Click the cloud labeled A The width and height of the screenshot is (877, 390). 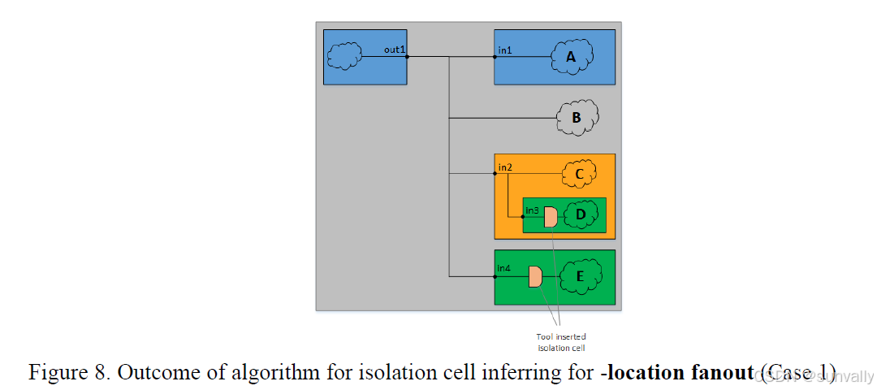(572, 57)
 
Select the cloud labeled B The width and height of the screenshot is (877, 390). (577, 118)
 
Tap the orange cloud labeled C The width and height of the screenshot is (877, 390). (579, 173)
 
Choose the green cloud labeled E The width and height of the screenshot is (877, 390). (579, 276)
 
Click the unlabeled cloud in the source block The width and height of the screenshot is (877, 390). (344, 56)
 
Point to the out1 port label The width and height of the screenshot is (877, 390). (395, 50)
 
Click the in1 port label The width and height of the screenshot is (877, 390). (505, 50)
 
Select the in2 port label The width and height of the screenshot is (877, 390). (505, 167)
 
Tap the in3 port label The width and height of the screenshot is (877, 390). (533, 210)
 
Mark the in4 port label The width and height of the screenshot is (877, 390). (505, 268)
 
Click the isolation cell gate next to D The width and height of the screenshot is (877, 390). (551, 216)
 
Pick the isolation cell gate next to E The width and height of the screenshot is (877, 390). (535, 276)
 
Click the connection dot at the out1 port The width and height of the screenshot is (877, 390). (407, 57)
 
